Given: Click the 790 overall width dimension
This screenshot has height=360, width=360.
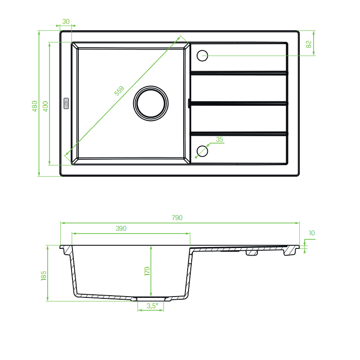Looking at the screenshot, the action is [177, 218].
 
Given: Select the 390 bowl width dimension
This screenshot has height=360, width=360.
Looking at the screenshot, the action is [121, 229].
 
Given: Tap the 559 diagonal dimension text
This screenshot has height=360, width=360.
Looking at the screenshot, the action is [119, 90].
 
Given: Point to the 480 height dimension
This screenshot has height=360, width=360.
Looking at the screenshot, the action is [35, 106].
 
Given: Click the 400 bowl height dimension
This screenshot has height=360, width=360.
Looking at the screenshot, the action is [45, 106].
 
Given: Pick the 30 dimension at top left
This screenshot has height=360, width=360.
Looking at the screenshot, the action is [66, 22].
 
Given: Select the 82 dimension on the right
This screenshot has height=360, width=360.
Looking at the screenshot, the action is [309, 44].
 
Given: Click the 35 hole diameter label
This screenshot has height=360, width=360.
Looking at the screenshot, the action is [220, 139].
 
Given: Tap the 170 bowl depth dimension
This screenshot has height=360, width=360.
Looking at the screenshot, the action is [147, 271].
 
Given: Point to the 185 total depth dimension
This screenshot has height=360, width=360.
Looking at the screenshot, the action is [43, 275].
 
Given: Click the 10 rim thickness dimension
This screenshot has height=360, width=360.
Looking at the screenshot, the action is [311, 233].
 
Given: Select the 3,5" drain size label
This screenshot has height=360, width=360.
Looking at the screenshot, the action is [153, 306].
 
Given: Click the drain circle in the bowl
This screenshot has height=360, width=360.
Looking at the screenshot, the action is [151, 86].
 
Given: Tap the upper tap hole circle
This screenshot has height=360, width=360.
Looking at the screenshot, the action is [202, 50].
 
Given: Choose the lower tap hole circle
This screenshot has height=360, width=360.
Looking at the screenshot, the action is [202, 146].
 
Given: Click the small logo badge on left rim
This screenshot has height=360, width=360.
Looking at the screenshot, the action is [66, 103].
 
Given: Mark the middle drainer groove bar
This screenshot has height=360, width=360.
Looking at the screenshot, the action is [239, 103].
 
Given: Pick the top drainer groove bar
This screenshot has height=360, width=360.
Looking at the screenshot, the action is [239, 73].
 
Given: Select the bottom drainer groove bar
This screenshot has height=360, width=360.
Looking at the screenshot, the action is [239, 134].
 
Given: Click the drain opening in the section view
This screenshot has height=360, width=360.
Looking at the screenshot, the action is [151, 299].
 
